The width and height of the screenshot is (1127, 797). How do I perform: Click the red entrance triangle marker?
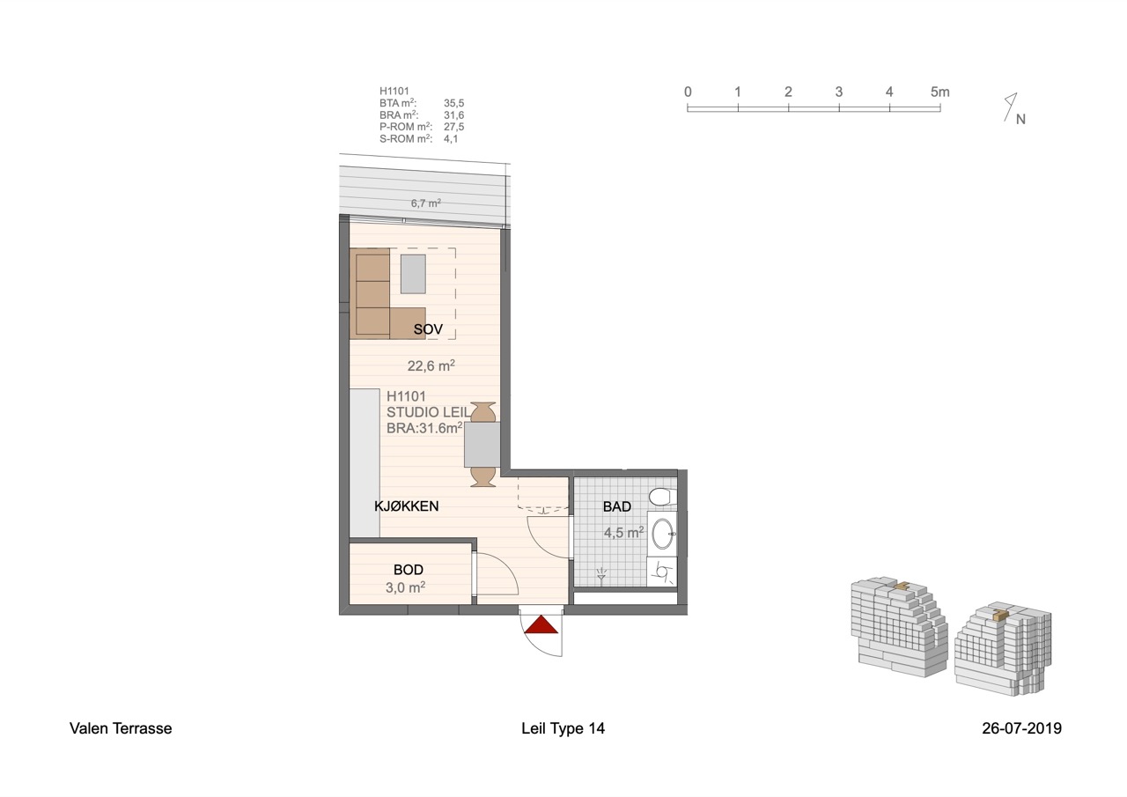pyautogui.click(x=541, y=624)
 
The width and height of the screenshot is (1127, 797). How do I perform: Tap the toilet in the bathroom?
pyautogui.click(x=662, y=497)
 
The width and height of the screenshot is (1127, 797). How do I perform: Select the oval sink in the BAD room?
pyautogui.click(x=663, y=534)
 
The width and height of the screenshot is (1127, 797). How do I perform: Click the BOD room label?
pyautogui.click(x=408, y=570)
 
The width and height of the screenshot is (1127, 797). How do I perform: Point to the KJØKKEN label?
pyautogui.click(x=406, y=506)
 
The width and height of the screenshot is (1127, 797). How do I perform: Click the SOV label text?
pyautogui.click(x=428, y=329)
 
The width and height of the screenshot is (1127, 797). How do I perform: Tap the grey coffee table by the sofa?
pyautogui.click(x=413, y=274)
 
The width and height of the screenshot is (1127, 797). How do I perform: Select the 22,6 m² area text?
pyautogui.click(x=431, y=365)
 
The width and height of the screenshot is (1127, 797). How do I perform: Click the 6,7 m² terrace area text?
pyautogui.click(x=425, y=203)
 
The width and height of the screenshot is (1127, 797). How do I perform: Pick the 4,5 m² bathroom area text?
pyautogui.click(x=624, y=532)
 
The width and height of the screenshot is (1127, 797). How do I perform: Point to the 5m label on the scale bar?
pyautogui.click(x=939, y=92)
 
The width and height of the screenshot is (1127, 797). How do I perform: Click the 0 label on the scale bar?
pyautogui.click(x=688, y=92)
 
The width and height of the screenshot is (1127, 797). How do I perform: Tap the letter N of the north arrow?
pyautogui.click(x=1020, y=119)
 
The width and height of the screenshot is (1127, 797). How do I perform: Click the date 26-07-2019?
pyautogui.click(x=1022, y=728)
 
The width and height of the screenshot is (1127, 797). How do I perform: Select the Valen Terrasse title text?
pyautogui.click(x=121, y=728)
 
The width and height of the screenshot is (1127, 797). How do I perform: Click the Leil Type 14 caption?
pyautogui.click(x=563, y=728)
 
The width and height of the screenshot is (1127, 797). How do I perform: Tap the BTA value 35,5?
pyautogui.click(x=453, y=103)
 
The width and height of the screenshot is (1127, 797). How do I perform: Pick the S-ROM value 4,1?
pyautogui.click(x=451, y=139)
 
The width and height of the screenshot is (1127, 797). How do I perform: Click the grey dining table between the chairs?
pyautogui.click(x=482, y=444)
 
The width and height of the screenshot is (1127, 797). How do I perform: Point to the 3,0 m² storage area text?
pyautogui.click(x=406, y=587)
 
